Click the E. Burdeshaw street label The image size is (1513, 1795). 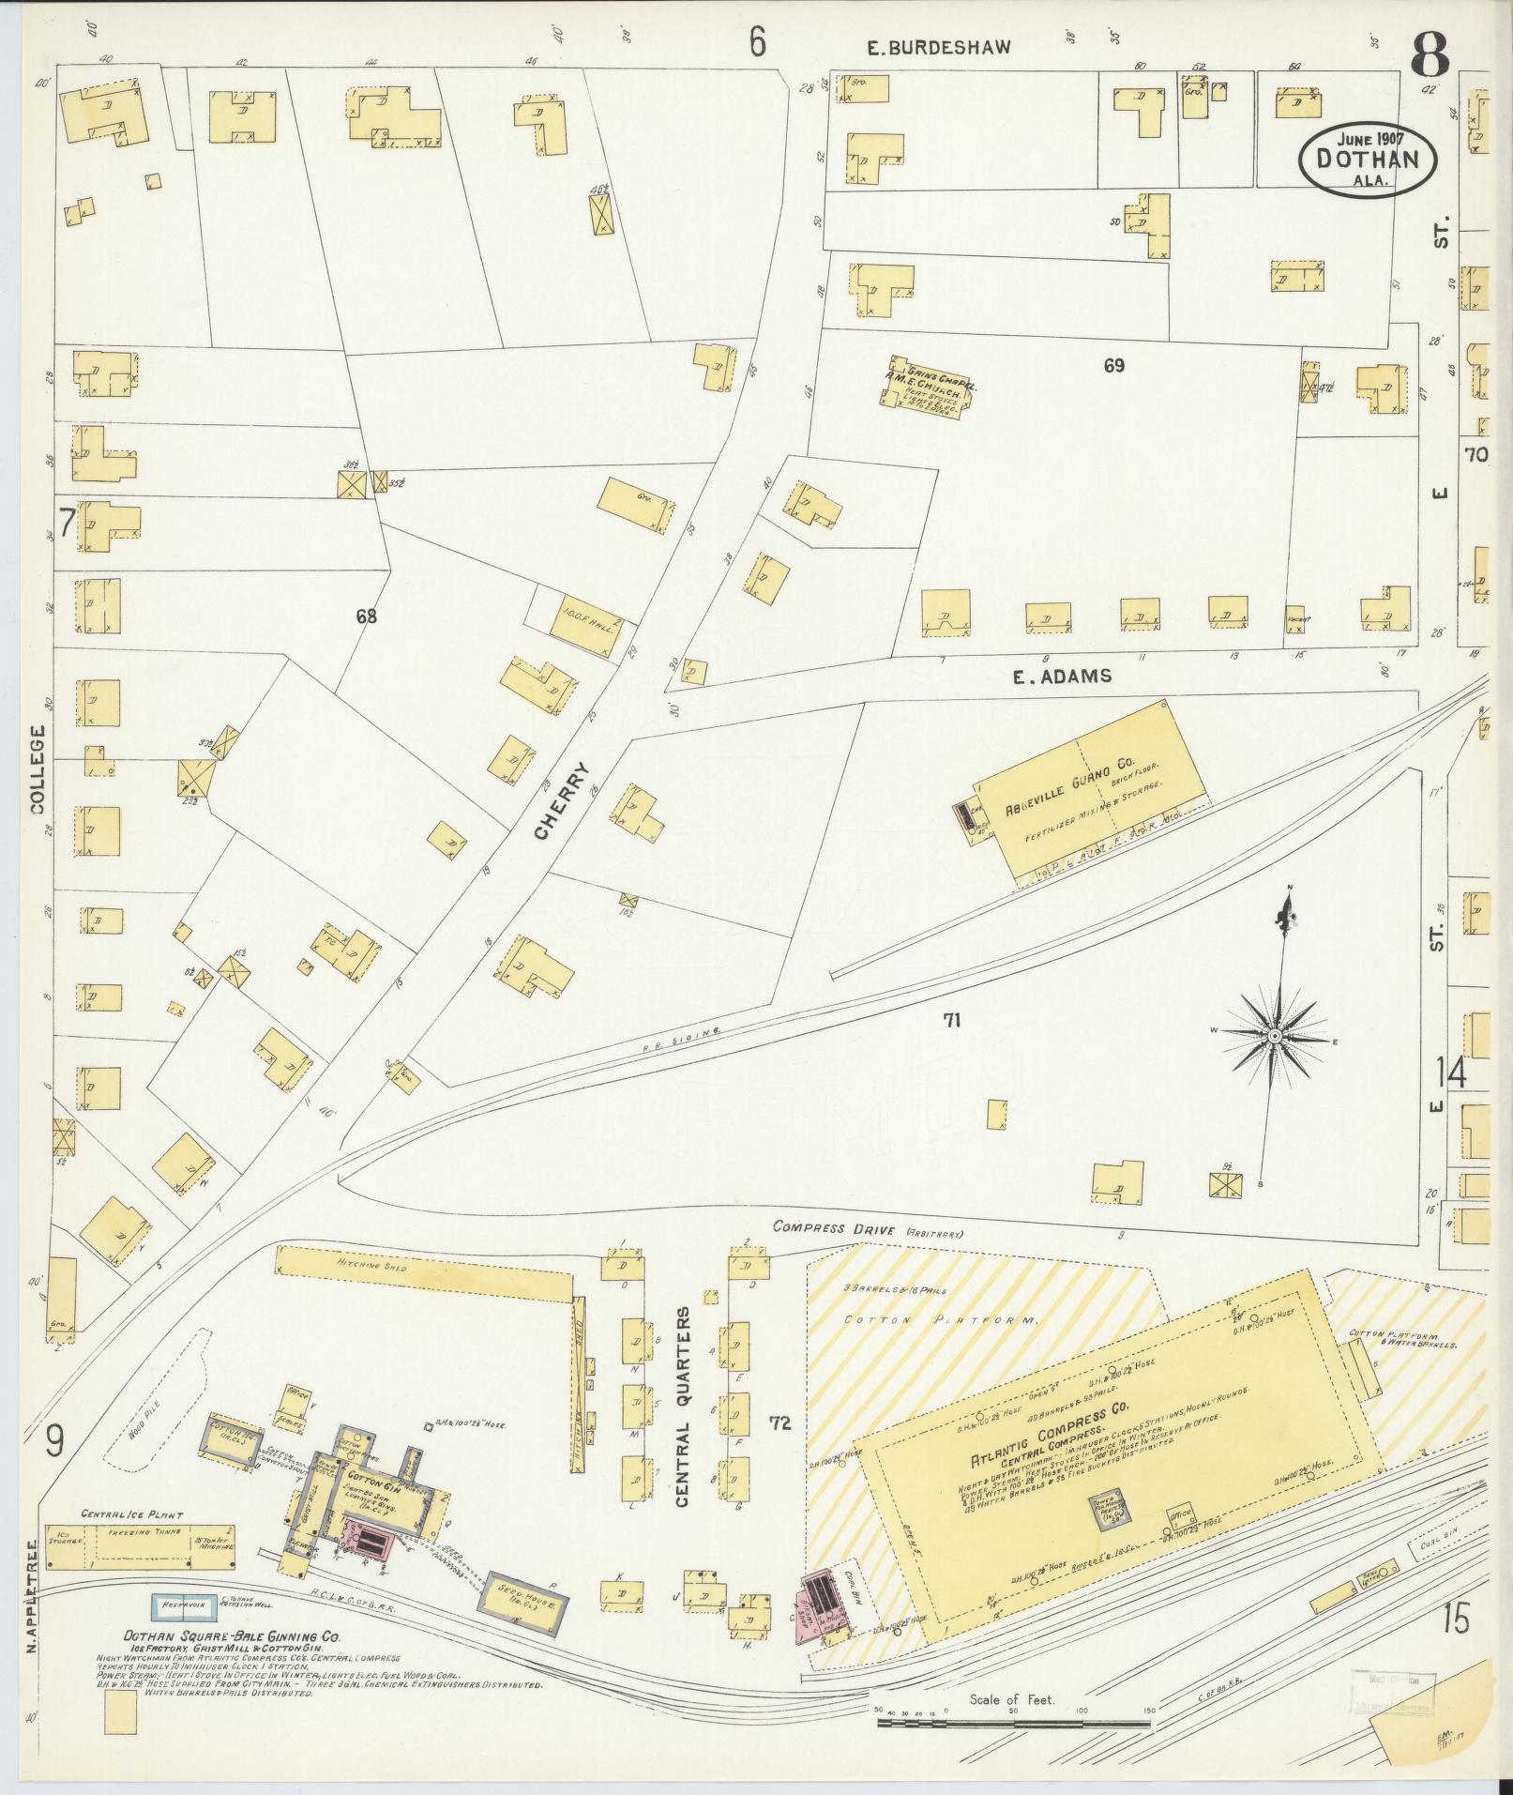coord(938,47)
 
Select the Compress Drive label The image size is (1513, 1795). coord(833,1228)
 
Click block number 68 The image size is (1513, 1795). coord(366,616)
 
